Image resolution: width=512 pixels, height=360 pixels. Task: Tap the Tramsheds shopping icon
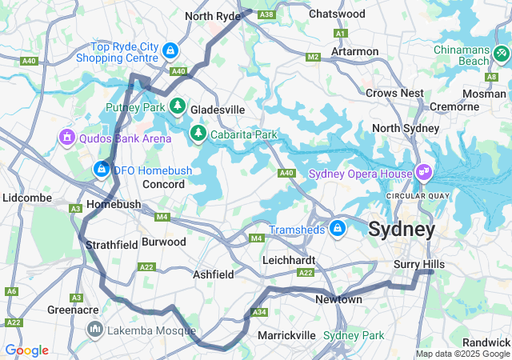(338, 229)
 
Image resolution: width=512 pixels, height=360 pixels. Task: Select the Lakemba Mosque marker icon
(95, 329)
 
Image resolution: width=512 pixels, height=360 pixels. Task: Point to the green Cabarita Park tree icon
(198, 132)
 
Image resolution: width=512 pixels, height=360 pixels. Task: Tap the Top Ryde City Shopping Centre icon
(170, 51)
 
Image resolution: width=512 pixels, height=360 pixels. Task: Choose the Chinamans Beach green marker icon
(501, 54)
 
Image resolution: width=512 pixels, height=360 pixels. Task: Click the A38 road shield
(267, 14)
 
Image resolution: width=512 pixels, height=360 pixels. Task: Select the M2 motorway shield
(313, 57)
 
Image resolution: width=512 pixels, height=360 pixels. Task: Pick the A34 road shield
(258, 313)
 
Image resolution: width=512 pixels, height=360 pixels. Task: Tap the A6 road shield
(11, 291)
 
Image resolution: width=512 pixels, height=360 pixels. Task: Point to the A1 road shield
(340, 34)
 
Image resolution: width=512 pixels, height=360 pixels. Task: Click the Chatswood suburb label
(337, 14)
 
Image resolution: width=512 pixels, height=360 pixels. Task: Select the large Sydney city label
(402, 230)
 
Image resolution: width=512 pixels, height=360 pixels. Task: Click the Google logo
(26, 350)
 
